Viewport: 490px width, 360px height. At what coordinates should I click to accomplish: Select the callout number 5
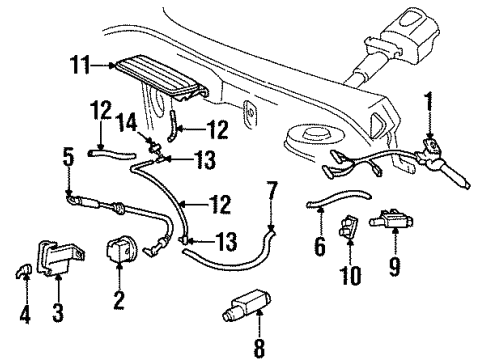coord(68,156)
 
